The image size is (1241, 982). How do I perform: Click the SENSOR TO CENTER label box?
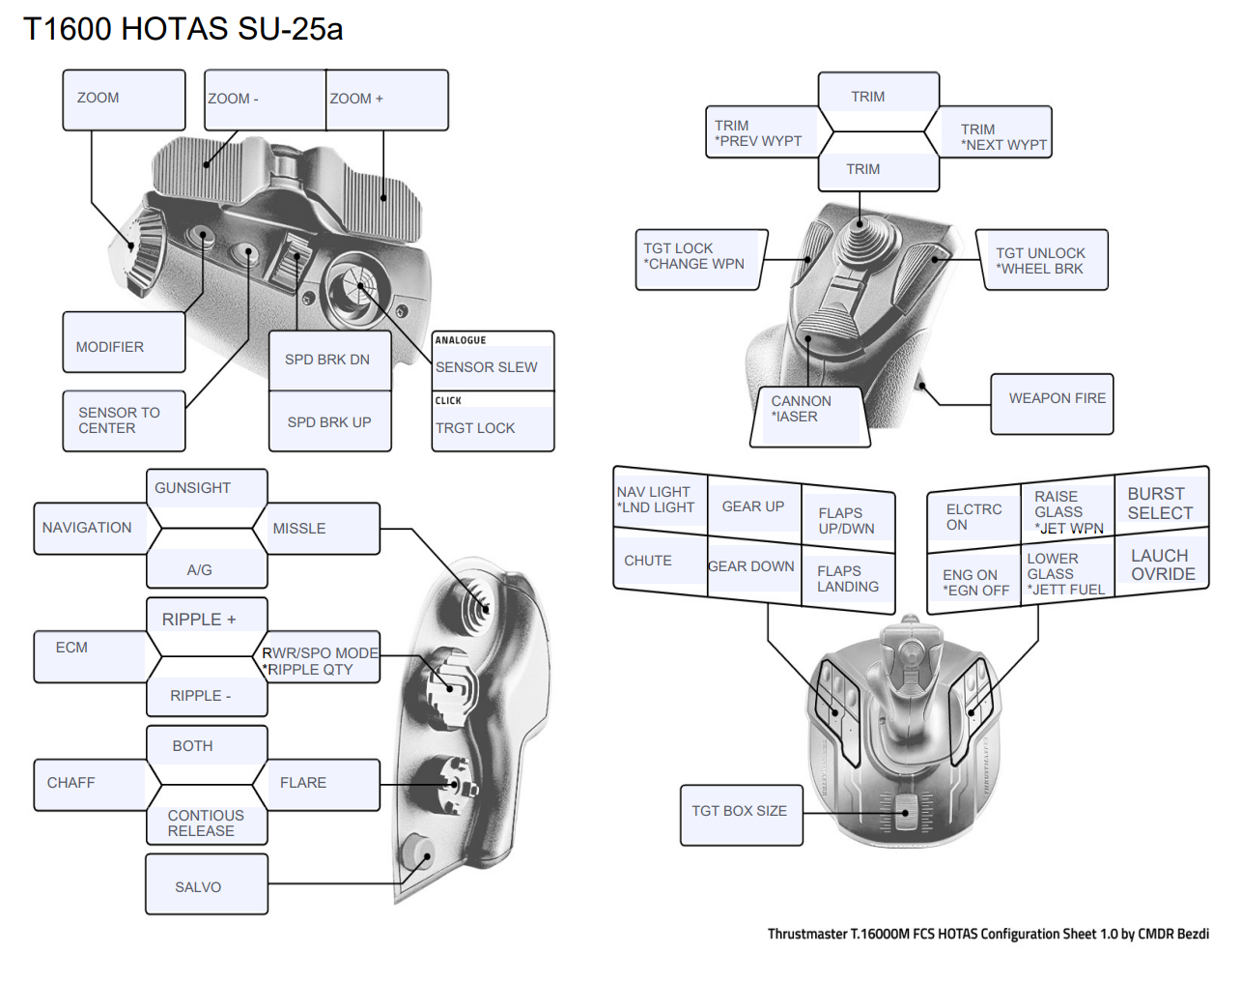click(x=124, y=420)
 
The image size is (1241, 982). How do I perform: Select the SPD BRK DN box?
click(x=329, y=360)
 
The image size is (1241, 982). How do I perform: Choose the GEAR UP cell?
click(x=753, y=506)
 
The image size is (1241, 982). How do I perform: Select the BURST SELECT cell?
click(x=1161, y=503)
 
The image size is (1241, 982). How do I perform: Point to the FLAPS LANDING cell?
click(x=848, y=579)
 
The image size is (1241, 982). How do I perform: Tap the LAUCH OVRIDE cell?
click(x=1162, y=565)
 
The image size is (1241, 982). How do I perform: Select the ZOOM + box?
click(x=386, y=100)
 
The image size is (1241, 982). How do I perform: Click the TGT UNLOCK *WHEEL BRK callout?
click(x=1042, y=260)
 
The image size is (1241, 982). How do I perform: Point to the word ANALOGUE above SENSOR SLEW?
click(x=461, y=340)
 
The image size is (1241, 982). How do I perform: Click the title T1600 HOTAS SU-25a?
click(x=183, y=29)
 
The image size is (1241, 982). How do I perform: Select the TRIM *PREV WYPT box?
click(x=759, y=132)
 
